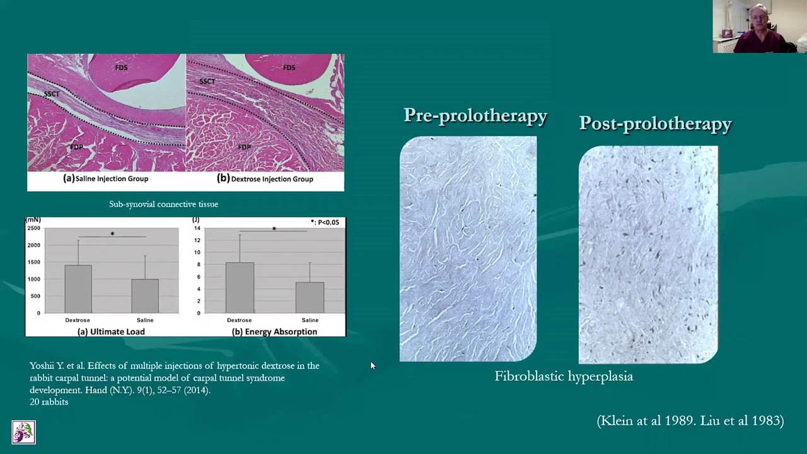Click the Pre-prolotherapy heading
[x=475, y=116]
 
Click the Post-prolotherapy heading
[x=655, y=124]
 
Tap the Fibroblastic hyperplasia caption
[x=564, y=376]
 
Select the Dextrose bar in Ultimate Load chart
[x=78, y=289]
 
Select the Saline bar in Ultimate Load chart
[x=145, y=296]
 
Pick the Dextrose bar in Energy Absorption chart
[x=240, y=288]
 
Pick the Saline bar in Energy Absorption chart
[x=310, y=297]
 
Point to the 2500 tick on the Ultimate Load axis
[x=33, y=228]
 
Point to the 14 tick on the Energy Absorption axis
[x=197, y=228]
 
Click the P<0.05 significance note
[x=325, y=222]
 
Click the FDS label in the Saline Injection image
[x=121, y=67]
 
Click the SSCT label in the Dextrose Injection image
[x=207, y=81]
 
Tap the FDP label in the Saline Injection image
[x=76, y=147]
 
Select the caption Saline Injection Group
[x=106, y=178]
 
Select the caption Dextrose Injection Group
[x=265, y=178]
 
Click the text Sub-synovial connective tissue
[x=163, y=204]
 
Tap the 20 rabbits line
[x=49, y=402]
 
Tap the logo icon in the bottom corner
[x=23, y=433]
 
